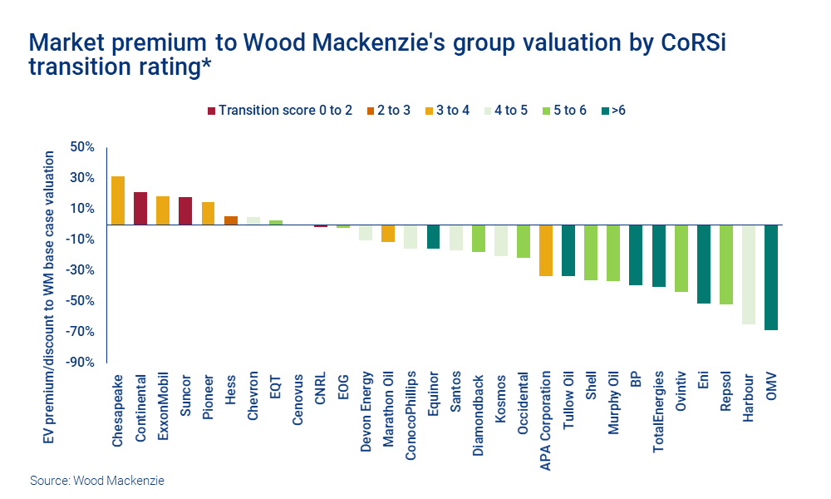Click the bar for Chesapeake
118,200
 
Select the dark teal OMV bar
770,277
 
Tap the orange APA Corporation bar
546,250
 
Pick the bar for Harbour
748,274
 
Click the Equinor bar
433,236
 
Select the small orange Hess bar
231,220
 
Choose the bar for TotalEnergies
658,255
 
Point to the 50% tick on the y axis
84,147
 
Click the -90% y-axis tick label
82,362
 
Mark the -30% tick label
82,270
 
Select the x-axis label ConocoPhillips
411,416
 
